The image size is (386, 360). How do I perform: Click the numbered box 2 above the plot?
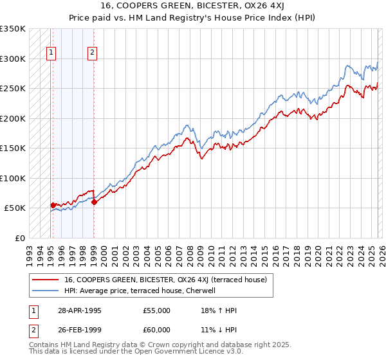[93, 53]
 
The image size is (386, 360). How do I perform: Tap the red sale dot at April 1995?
[53, 205]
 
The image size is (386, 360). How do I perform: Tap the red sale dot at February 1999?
[94, 202]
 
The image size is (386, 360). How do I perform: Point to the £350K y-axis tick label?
[13, 29]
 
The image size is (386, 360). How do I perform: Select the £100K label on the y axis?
[13, 178]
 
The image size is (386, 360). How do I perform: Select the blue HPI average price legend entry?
[143, 291]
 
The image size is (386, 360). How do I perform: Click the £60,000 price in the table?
[157, 330]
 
